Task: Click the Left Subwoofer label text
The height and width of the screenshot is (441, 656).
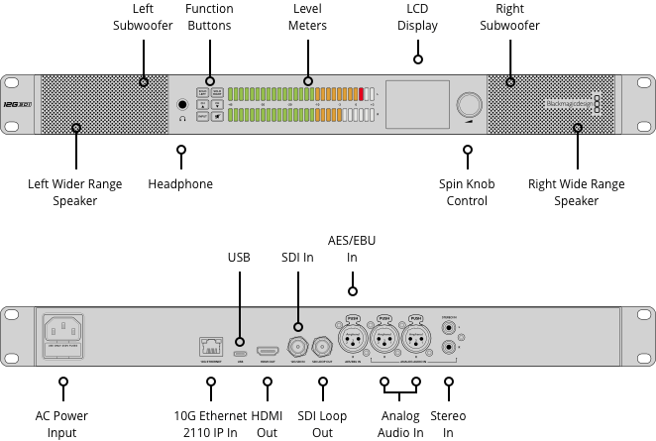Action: (x=143, y=17)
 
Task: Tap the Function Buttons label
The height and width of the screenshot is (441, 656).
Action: (x=209, y=17)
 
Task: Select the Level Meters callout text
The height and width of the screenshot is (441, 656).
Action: (x=307, y=17)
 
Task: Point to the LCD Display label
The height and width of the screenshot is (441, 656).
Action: (x=417, y=17)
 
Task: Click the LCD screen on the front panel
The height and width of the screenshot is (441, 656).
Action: (x=416, y=104)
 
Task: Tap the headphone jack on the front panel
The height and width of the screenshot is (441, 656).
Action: (x=182, y=104)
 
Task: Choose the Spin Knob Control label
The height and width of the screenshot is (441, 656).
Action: (x=467, y=192)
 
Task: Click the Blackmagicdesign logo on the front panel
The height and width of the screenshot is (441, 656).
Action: (x=571, y=103)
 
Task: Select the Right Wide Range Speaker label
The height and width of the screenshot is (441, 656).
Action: (x=577, y=192)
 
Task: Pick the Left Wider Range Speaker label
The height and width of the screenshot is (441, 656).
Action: (x=75, y=192)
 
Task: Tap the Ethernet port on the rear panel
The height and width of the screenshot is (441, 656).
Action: (x=209, y=347)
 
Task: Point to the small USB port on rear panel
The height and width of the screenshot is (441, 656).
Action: (x=239, y=352)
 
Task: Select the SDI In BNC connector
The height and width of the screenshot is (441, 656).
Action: (x=296, y=347)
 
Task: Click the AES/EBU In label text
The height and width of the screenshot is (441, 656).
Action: (x=352, y=250)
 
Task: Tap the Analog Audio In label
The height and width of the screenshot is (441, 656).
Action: (x=400, y=424)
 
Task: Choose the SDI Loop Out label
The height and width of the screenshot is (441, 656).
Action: (x=322, y=424)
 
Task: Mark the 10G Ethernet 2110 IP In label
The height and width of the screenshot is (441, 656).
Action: (x=205, y=424)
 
